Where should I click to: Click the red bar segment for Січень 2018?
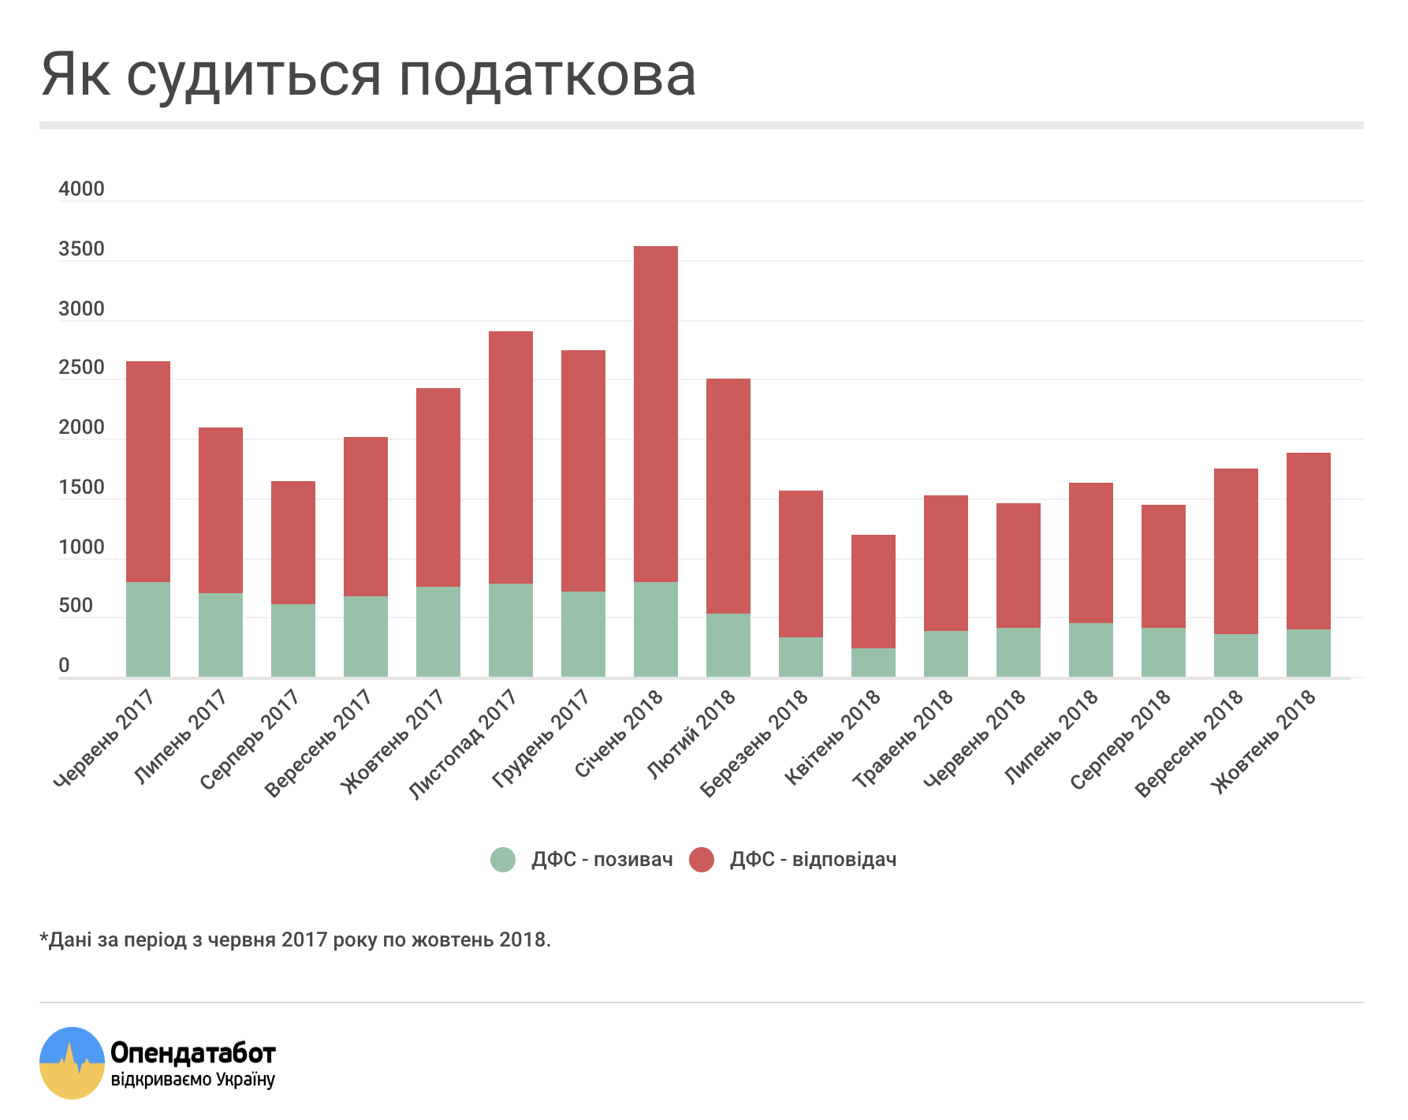(x=655, y=414)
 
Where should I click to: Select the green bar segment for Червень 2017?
(x=148, y=629)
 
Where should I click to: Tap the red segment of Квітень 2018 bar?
(x=873, y=592)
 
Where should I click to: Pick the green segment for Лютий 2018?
(x=728, y=645)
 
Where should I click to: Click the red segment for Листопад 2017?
(x=510, y=457)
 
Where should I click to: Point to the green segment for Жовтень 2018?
(x=1308, y=653)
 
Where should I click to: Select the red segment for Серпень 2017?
(x=292, y=543)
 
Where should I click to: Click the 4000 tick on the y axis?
(x=81, y=189)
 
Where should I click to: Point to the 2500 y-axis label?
(x=81, y=368)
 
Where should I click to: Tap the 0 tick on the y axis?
(x=64, y=666)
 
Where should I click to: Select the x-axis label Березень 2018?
(x=755, y=741)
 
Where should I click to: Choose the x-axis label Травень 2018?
(x=904, y=738)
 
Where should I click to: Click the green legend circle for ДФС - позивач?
(x=503, y=860)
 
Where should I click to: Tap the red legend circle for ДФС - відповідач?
(x=702, y=860)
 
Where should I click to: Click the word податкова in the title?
(x=547, y=77)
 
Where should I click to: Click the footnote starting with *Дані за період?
(x=295, y=940)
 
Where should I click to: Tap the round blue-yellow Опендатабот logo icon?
(x=72, y=1062)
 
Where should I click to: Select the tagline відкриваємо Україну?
(x=193, y=1080)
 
